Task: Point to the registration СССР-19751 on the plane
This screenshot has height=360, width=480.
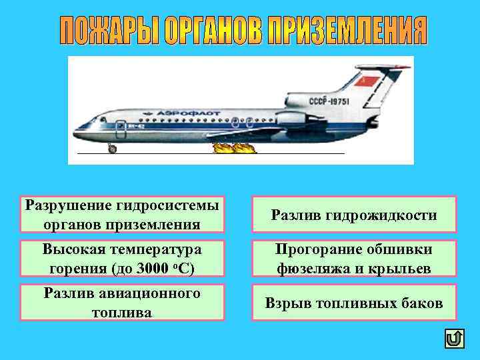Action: pyautogui.click(x=328, y=101)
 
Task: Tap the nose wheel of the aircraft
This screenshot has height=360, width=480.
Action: pyautogui.click(x=112, y=149)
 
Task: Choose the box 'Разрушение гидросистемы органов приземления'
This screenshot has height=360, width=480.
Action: pyautogui.click(x=121, y=214)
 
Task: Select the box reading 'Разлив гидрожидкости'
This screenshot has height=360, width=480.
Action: pyautogui.click(x=353, y=214)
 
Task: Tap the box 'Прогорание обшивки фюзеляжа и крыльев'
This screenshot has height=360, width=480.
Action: pyautogui.click(x=353, y=259)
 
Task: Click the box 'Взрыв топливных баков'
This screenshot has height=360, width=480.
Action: pyautogui.click(x=353, y=303)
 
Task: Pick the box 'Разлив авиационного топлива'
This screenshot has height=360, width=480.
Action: pyautogui.click(x=121, y=303)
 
